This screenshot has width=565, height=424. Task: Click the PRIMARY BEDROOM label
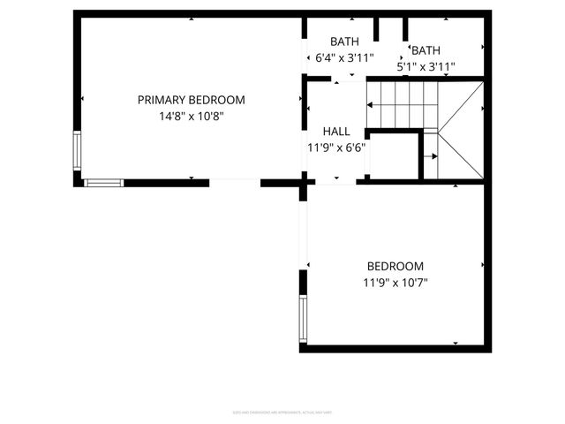click(191, 100)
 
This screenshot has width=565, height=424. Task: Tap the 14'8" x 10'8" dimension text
click(191, 116)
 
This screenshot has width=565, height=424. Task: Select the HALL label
click(336, 131)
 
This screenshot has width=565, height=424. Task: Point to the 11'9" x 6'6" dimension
click(336, 148)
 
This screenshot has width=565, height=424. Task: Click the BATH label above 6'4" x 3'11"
click(344, 42)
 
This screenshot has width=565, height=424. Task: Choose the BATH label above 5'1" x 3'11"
click(426, 50)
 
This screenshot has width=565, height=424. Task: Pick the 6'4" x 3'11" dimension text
click(344, 58)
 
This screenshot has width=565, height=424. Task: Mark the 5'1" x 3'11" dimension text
click(426, 65)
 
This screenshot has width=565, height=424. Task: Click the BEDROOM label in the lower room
click(395, 266)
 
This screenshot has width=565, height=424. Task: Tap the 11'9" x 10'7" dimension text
click(395, 283)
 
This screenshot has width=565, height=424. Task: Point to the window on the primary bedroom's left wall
click(77, 151)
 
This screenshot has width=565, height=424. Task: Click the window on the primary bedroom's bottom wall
click(103, 183)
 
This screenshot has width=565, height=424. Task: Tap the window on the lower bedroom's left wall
click(303, 319)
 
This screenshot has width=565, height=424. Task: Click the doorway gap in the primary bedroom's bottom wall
click(235, 182)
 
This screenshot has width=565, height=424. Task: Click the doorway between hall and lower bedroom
click(335, 182)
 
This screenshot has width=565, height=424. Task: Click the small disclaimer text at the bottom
click(282, 411)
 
